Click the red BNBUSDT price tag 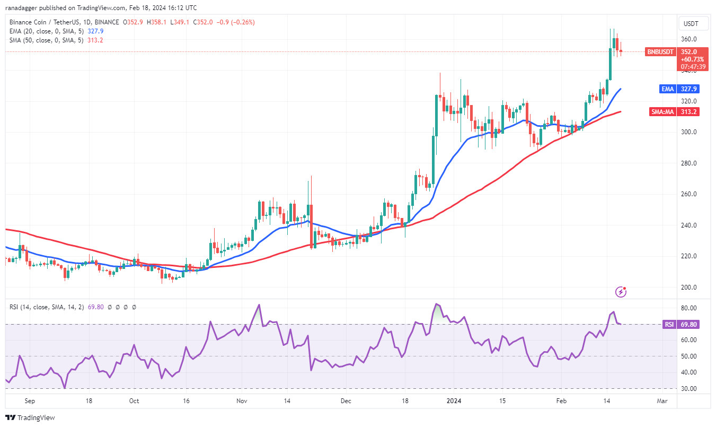pyautogui.click(x=659, y=52)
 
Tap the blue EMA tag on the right pyautogui.click(x=667, y=89)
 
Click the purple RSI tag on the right pyautogui.click(x=668, y=324)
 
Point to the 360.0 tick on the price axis pyautogui.click(x=689, y=39)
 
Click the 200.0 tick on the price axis pyautogui.click(x=689, y=287)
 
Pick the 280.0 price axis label pyautogui.click(x=689, y=163)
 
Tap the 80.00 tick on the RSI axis pyautogui.click(x=689, y=308)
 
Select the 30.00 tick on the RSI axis pyautogui.click(x=689, y=389)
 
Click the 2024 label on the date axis pyautogui.click(x=455, y=401)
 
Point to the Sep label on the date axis pyautogui.click(x=30, y=401)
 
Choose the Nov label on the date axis pyautogui.click(x=242, y=401)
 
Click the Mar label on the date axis pyautogui.click(x=661, y=401)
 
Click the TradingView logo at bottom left pyautogui.click(x=30, y=417)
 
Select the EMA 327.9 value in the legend pyautogui.click(x=96, y=31)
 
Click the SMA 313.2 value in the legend pyautogui.click(x=95, y=40)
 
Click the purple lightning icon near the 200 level pyautogui.click(x=621, y=291)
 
